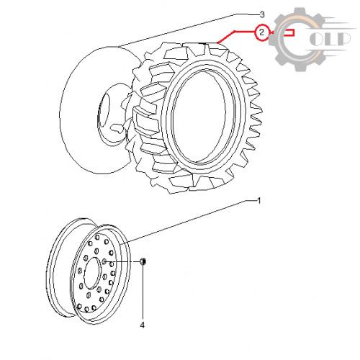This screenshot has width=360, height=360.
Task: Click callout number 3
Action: pos(262,14)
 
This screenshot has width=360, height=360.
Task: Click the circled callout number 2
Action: pos(261,32)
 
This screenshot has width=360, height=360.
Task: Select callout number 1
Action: pos(258,201)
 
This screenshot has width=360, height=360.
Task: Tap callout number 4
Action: pos(143,325)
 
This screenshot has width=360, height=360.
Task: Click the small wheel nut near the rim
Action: pos(143,261)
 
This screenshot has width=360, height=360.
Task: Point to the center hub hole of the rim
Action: pos(92,273)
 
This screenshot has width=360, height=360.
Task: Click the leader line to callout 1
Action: pos(189,222)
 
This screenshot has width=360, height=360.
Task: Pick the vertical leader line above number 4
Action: pos(143,292)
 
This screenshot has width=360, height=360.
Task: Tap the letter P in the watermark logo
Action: pos(343,39)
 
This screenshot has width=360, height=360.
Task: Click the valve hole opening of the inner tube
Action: pos(104,110)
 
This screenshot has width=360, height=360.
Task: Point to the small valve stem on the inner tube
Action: pos(117,128)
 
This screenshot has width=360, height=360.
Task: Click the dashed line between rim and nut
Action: pos(122,261)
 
